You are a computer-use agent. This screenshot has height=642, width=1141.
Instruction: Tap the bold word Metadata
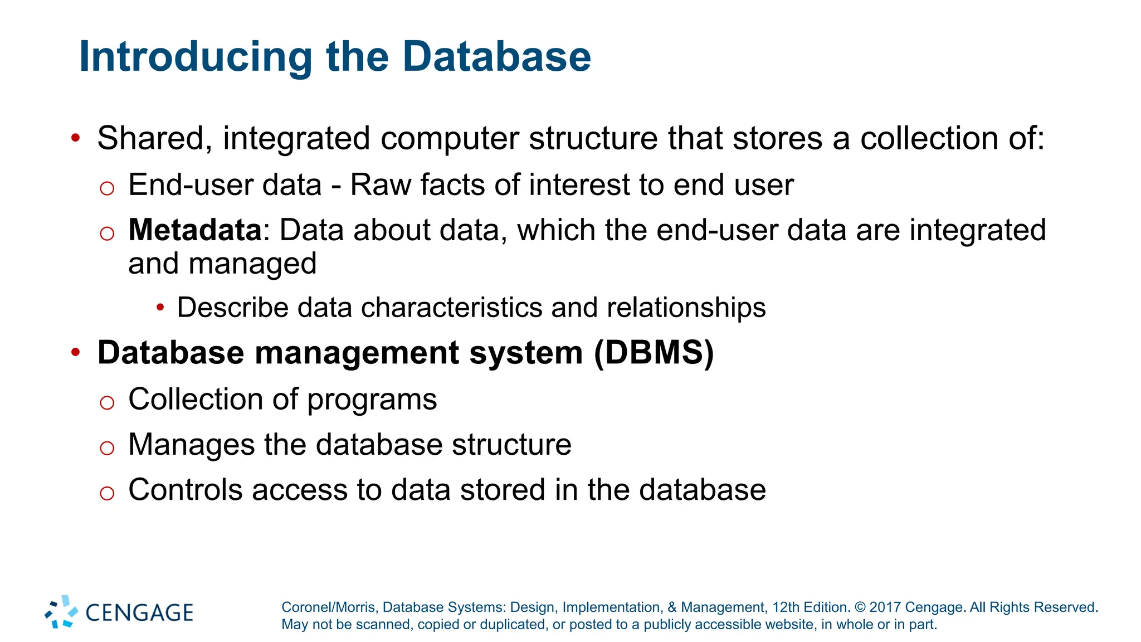(195, 230)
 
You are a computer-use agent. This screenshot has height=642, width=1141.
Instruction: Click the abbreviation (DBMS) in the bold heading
(654, 352)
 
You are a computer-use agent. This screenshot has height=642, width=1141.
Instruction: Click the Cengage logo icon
(61, 612)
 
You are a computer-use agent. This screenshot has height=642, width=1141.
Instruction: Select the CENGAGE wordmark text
(139, 613)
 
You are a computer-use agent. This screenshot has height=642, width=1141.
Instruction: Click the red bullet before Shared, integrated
(76, 137)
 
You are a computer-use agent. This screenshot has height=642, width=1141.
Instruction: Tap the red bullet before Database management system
(76, 352)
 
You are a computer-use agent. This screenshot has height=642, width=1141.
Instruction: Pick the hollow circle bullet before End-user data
(107, 188)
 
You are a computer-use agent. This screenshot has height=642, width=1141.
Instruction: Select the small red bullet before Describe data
(160, 307)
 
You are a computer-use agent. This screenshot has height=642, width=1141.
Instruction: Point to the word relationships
(686, 308)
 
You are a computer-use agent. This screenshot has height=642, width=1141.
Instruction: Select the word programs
(372, 401)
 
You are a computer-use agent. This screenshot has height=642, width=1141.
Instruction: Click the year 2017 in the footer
(885, 607)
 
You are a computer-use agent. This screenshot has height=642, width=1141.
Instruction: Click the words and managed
(222, 264)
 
